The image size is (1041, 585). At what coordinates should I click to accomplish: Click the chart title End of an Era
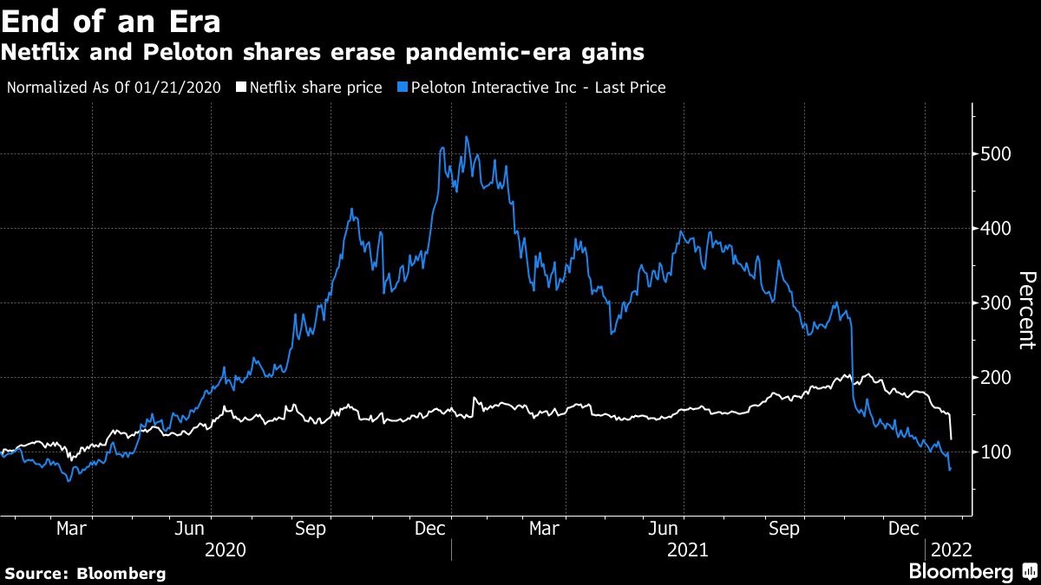(110, 19)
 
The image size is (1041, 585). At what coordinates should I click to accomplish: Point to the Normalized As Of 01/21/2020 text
(113, 88)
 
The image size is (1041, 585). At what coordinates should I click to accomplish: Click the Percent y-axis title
(1026, 309)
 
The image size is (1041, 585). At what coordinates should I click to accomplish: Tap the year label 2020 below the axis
(225, 549)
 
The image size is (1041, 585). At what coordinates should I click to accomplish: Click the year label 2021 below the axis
(689, 549)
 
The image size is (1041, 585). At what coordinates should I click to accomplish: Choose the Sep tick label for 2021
(784, 528)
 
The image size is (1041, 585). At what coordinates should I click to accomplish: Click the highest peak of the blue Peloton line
(467, 137)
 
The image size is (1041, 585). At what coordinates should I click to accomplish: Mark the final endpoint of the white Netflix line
(952, 438)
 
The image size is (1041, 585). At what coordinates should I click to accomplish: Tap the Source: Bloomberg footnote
(85, 573)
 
